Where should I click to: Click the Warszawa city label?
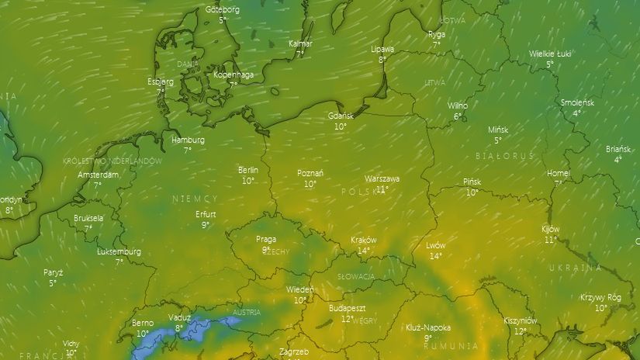[382, 178]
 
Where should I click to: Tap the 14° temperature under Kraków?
[362, 251]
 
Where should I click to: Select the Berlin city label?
[248, 170]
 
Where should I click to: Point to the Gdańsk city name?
[341, 116]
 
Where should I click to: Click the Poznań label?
[310, 173]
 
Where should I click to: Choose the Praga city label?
[266, 240]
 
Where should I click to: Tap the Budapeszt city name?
[347, 308]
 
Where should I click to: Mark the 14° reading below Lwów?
[436, 256]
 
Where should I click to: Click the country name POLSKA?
[359, 191]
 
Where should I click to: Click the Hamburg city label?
[188, 140]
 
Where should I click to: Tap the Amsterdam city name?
[99, 175]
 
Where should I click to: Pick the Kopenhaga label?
[234, 74]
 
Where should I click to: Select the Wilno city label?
[458, 106]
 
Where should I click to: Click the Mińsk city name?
[498, 130]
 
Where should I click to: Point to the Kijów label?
[550, 230]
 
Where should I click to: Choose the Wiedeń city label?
[300, 290]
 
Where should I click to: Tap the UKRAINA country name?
[576, 268]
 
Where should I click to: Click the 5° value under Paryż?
[53, 283]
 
